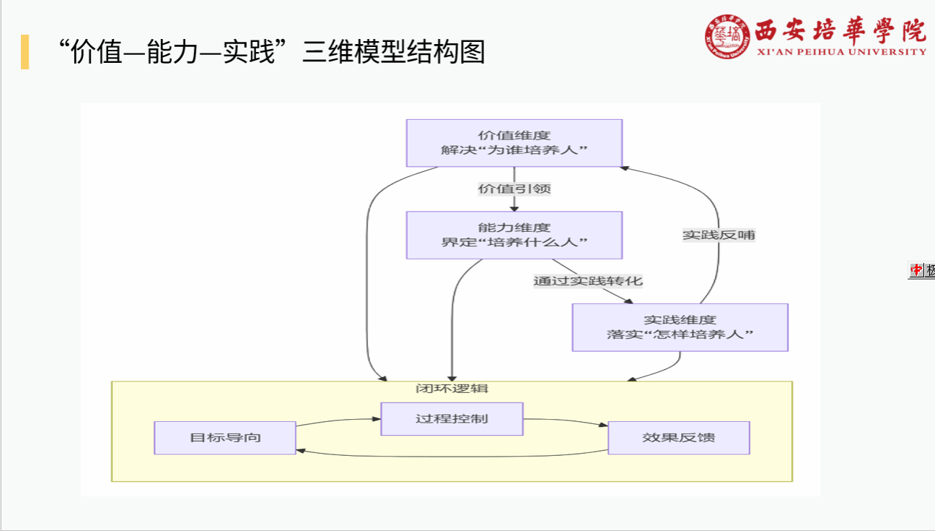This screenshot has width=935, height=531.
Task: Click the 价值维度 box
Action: click(514, 143)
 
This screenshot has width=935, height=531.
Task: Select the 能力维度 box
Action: click(514, 235)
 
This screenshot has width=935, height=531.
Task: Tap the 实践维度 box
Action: click(680, 327)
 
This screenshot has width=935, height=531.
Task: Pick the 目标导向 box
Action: click(225, 438)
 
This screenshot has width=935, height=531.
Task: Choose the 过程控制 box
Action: click(452, 419)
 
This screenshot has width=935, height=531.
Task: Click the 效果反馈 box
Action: click(678, 438)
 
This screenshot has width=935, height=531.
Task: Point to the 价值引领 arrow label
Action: click(514, 189)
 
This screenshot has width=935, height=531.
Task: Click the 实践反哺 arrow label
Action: click(719, 235)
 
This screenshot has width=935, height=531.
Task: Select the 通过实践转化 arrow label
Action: click(587, 281)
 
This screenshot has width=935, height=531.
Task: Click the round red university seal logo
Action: click(727, 38)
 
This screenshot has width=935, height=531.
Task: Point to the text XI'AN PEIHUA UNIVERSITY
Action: click(842, 52)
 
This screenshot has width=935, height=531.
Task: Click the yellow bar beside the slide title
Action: click(25, 51)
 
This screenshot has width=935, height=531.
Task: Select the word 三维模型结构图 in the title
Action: click(393, 52)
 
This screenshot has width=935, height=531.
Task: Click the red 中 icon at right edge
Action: click(916, 270)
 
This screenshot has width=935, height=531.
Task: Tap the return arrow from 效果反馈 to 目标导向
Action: click(452, 456)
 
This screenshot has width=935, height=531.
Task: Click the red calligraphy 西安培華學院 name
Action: click(840, 30)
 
